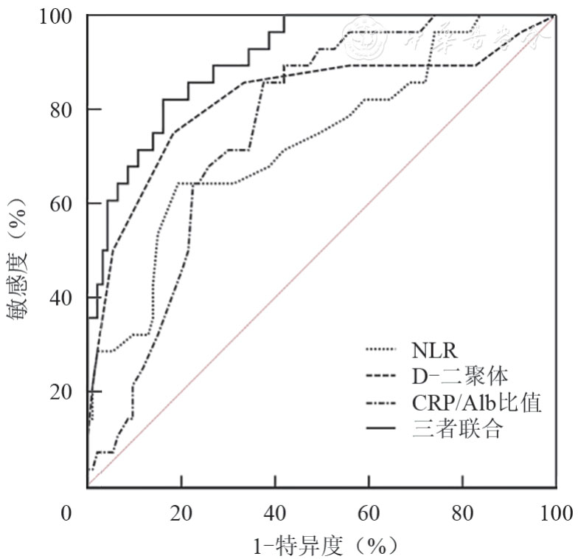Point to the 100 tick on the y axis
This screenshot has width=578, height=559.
(58, 16)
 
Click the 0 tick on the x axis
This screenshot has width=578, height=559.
(66, 512)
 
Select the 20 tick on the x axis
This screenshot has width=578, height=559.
(181, 512)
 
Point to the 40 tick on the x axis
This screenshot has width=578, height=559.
(274, 512)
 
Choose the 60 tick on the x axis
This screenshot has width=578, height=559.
(368, 512)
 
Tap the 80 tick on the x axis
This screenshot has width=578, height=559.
(462, 512)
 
